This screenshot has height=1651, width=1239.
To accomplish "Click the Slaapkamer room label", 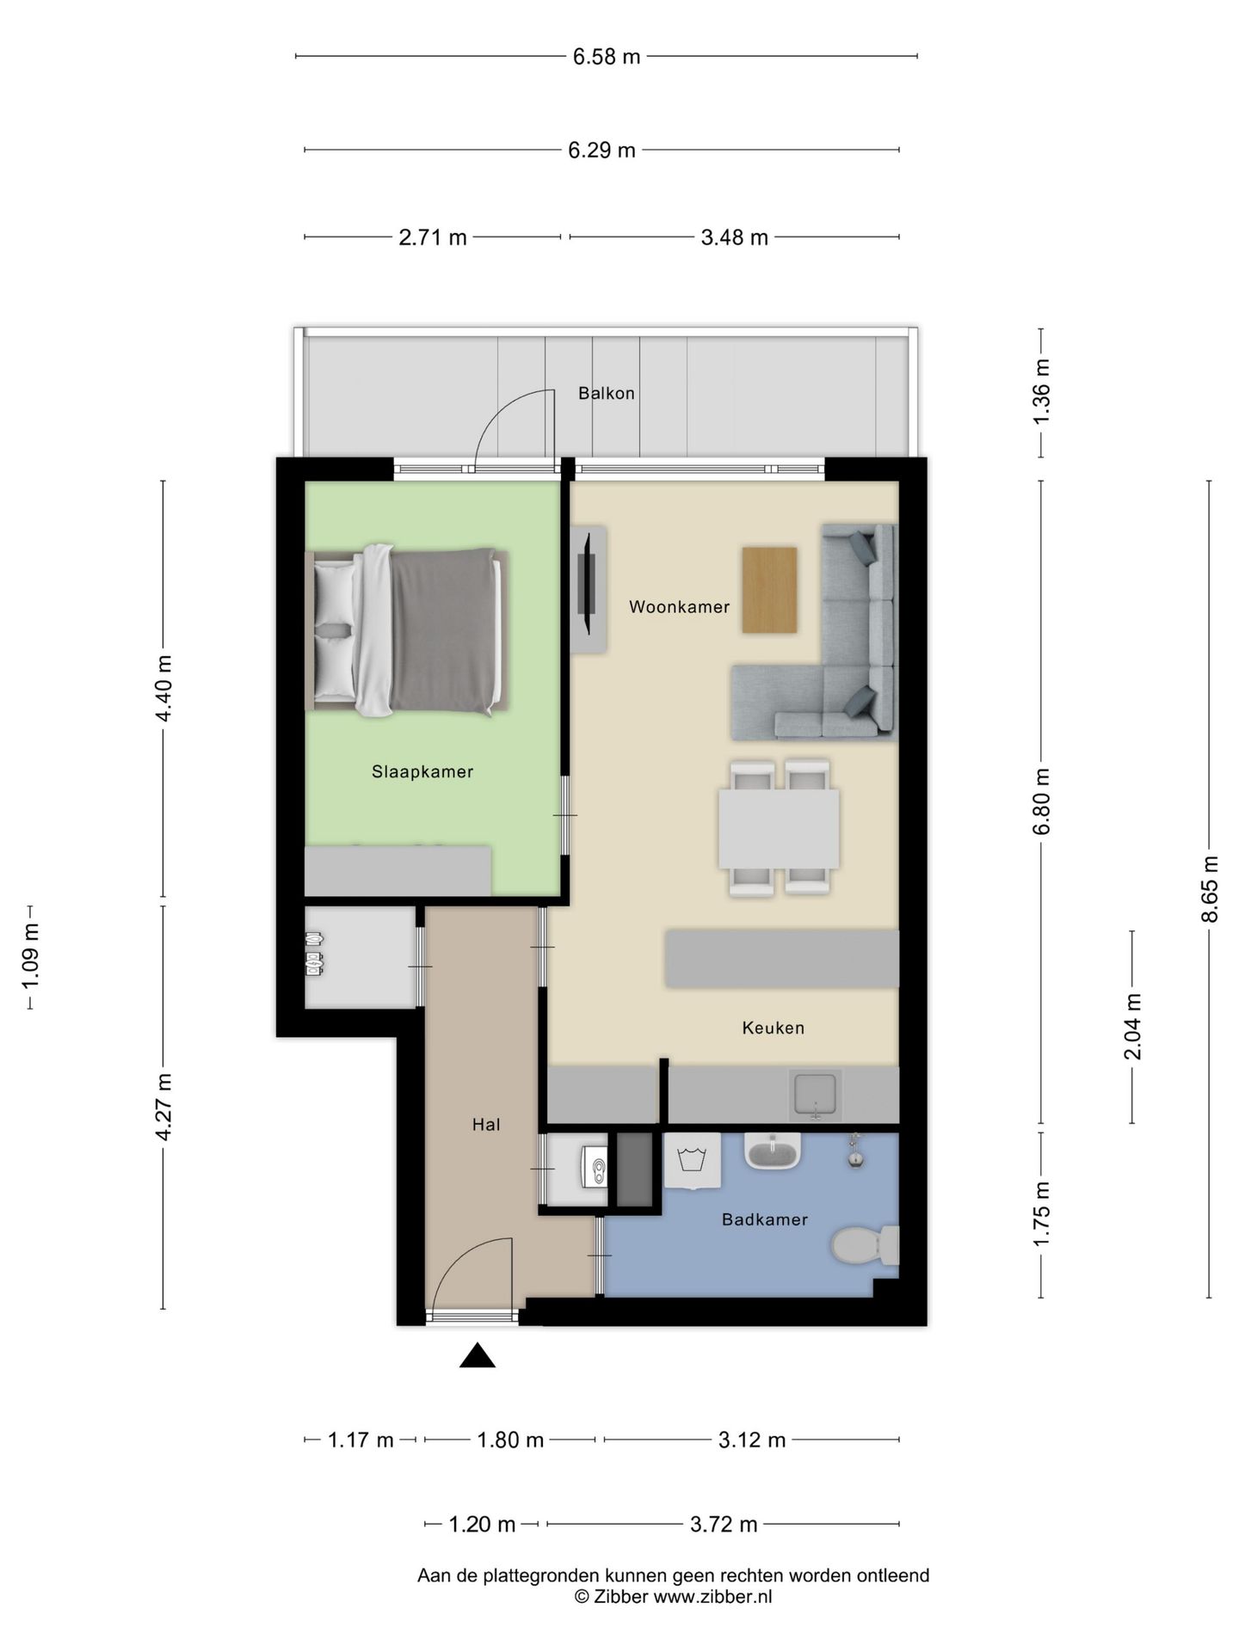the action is (x=422, y=772).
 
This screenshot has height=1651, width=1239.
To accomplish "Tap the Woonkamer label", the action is (x=679, y=607).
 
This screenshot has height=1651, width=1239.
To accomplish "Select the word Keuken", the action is (x=773, y=1028).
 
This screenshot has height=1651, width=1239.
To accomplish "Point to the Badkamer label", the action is (x=765, y=1219).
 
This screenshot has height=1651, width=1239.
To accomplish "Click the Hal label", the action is (x=486, y=1125).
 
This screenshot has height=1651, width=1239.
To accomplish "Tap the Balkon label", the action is (x=607, y=394).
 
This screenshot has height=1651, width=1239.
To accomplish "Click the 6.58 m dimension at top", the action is (x=607, y=58).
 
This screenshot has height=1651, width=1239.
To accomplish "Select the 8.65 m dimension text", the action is (x=1210, y=888).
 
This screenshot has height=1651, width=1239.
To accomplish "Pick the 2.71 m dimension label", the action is (x=433, y=237).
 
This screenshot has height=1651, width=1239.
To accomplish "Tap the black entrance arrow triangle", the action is (x=478, y=1356).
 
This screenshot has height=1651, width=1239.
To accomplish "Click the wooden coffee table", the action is (x=769, y=590).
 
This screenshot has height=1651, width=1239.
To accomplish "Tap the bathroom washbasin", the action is (x=774, y=1151).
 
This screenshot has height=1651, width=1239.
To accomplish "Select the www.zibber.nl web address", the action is (x=713, y=1597).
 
